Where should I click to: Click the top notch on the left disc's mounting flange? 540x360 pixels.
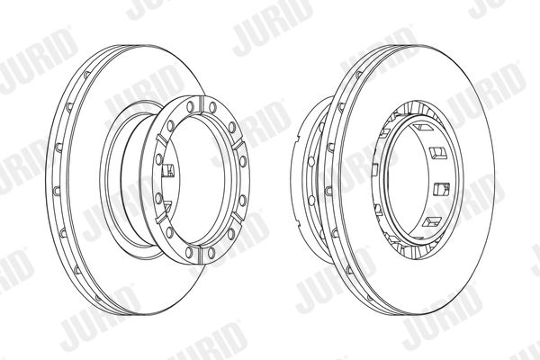point(202,104)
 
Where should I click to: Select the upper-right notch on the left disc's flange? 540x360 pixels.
point(238,145)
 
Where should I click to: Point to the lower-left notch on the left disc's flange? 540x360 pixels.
point(161,218)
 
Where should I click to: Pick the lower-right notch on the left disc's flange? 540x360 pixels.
point(237,218)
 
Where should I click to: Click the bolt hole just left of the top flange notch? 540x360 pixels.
point(190,107)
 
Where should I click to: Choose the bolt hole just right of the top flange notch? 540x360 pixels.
point(212,107)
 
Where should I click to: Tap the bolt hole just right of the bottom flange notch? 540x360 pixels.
point(211,253)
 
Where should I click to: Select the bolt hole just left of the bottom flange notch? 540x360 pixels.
point(189,252)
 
